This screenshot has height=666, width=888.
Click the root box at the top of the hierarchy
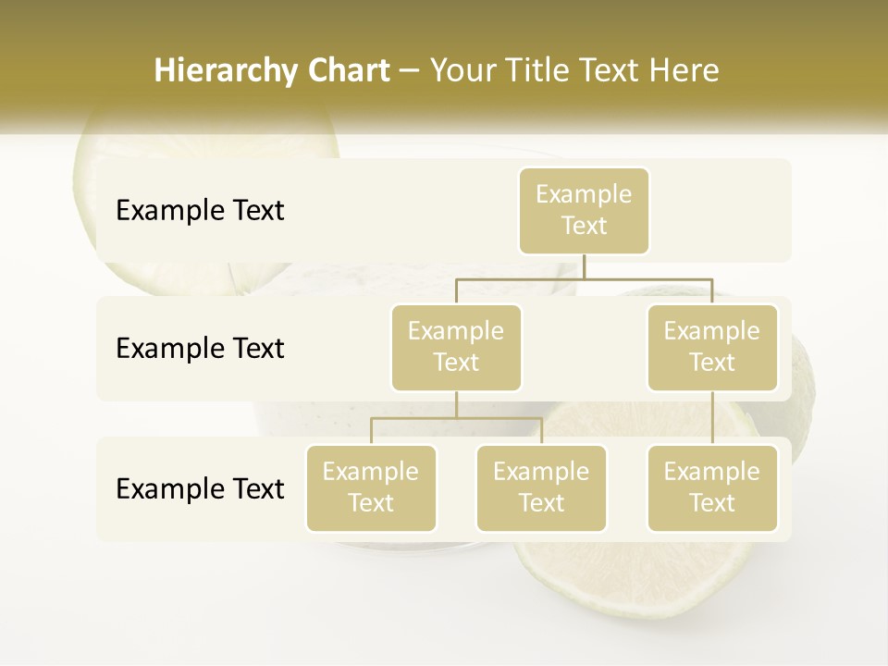click(x=584, y=211)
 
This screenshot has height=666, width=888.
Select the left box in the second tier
click(x=456, y=348)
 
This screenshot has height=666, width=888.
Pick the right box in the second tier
click(x=712, y=348)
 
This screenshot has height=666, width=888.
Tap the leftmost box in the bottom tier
click(x=371, y=488)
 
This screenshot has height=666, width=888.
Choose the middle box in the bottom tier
click(x=541, y=488)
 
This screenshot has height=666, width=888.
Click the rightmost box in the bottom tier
click(x=712, y=488)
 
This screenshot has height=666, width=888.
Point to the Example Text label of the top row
click(x=200, y=211)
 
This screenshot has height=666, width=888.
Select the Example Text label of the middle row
click(x=200, y=349)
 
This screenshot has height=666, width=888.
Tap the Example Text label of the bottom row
click(x=200, y=489)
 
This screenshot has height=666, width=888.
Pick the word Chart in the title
click(x=349, y=70)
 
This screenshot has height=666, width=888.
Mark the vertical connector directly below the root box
click(x=584, y=266)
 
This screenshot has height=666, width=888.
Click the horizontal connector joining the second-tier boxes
click(x=584, y=278)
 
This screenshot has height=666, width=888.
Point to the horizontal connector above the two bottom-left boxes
click(x=456, y=419)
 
